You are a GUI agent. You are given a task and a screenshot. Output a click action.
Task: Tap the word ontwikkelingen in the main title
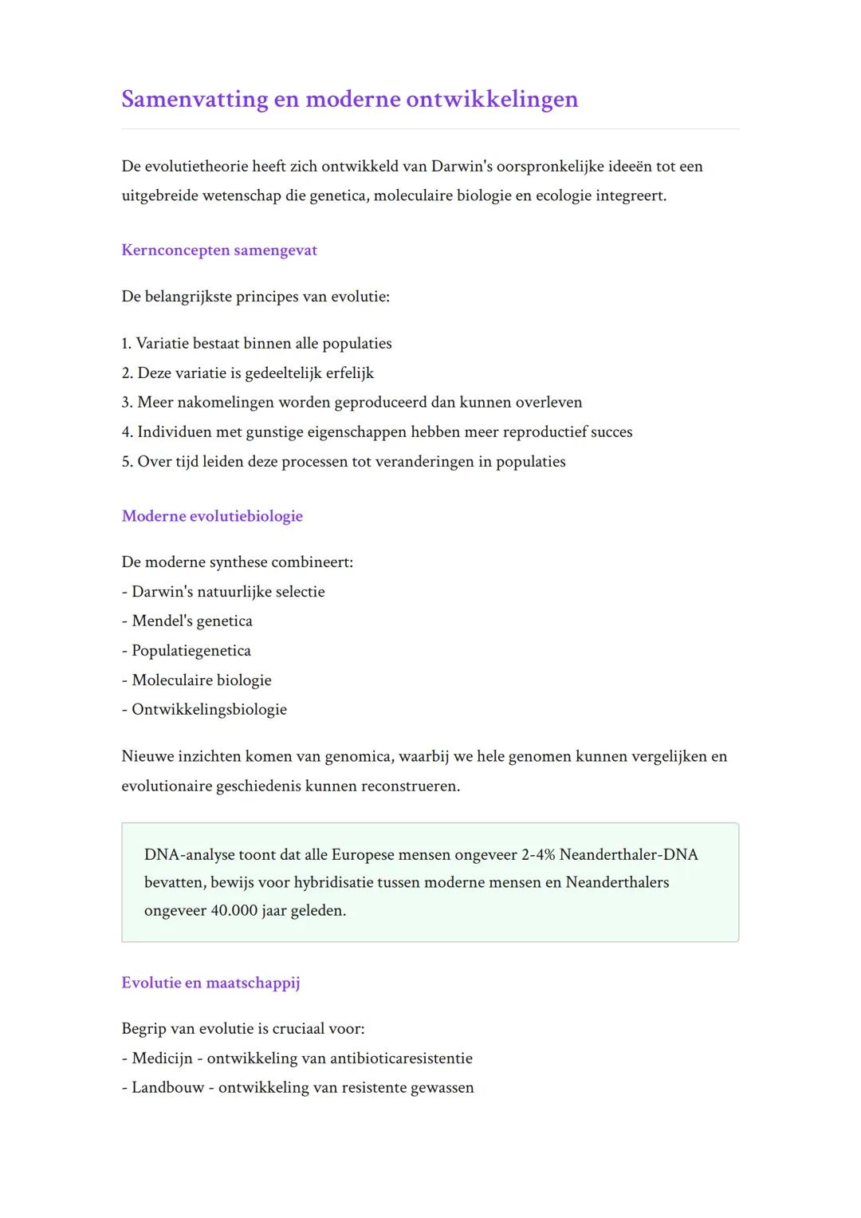tap(491, 99)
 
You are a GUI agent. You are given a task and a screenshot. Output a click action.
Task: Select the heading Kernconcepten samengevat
tap(219, 250)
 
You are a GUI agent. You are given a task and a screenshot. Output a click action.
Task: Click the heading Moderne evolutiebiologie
tap(212, 516)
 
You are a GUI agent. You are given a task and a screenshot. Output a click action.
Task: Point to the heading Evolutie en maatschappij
tap(210, 983)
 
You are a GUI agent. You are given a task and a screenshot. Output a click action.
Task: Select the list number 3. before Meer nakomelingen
tap(127, 403)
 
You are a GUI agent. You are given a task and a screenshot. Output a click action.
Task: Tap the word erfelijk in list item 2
tap(350, 373)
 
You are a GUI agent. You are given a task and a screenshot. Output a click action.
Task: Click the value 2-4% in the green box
tap(538, 855)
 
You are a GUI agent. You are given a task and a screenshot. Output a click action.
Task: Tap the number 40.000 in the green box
tap(234, 911)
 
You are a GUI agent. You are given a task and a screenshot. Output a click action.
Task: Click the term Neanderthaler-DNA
tap(628, 855)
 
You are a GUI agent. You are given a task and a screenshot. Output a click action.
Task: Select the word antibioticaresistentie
tap(401, 1058)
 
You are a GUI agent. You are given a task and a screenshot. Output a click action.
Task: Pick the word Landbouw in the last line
tap(168, 1088)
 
